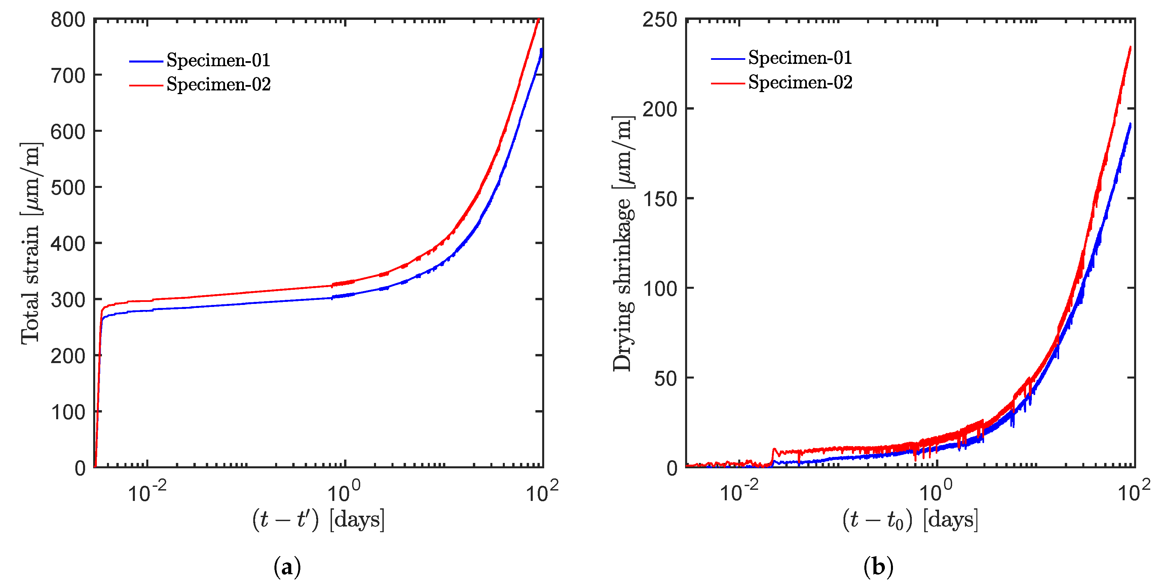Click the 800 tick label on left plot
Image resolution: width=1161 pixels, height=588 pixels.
click(x=68, y=20)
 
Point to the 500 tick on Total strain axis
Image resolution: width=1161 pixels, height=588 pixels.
click(x=68, y=188)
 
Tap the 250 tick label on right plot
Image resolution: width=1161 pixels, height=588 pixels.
click(x=660, y=20)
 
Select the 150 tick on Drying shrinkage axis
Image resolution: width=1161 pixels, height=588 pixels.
click(x=660, y=199)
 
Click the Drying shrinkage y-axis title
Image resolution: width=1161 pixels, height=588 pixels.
click(x=623, y=243)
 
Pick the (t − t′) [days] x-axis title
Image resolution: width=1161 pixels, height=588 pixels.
click(x=318, y=519)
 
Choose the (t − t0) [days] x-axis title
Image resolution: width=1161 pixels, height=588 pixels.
click(x=910, y=519)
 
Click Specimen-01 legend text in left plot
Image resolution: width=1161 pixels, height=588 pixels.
click(x=218, y=60)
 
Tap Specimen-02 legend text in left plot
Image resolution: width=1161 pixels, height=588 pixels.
click(x=218, y=84)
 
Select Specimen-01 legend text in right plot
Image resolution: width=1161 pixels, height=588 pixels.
click(x=800, y=58)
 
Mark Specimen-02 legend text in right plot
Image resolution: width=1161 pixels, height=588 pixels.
click(x=800, y=82)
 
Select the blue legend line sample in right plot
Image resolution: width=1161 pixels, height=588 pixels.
click(x=727, y=58)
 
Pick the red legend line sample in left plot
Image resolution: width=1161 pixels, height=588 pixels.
click(x=146, y=85)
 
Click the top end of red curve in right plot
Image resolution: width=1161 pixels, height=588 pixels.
click(x=1130, y=47)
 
